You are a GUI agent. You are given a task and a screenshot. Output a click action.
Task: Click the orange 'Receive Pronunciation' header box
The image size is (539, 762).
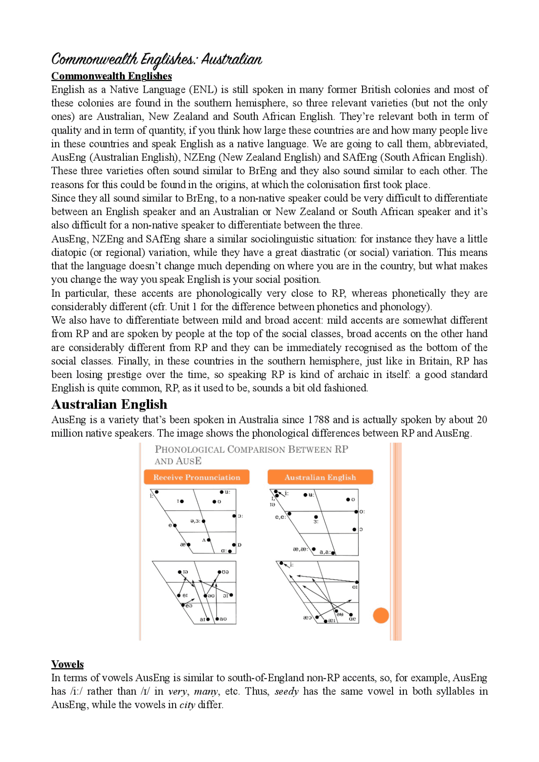pos(196,477)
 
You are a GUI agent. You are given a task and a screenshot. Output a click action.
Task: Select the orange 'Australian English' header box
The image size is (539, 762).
pos(320,477)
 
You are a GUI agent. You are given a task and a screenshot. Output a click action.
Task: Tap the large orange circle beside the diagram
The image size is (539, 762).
pos(381,616)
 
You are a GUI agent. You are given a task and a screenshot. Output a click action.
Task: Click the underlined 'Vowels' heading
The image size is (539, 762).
pos(67,664)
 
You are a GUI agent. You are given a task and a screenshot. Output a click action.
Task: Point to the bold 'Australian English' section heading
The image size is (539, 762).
pos(109,404)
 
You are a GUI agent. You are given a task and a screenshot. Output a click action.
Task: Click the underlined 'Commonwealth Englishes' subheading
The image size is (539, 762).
pos(112,76)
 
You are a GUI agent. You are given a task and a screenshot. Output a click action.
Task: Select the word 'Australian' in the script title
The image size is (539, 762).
pos(232,59)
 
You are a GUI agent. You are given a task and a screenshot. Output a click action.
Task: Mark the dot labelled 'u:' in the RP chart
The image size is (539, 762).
pos(221,492)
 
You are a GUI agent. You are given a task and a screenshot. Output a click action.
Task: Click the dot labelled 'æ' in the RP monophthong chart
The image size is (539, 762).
pos(189,545)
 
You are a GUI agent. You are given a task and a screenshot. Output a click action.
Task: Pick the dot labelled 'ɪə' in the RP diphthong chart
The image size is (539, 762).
pos(180,572)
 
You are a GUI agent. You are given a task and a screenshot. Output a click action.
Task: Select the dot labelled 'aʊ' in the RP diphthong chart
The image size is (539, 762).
pos(217,619)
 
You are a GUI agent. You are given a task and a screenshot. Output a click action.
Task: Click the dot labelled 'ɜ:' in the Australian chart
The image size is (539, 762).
pos(316,517)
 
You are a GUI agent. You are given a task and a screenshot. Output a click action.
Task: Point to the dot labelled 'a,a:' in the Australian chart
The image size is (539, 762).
pos(333,553)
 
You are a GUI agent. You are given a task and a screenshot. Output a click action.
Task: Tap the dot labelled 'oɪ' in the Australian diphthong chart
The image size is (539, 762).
pos(357,582)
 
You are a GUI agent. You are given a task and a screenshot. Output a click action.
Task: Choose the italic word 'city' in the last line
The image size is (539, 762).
pos(187,705)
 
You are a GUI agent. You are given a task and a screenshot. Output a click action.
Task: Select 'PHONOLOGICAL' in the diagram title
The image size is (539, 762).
pos(189,449)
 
